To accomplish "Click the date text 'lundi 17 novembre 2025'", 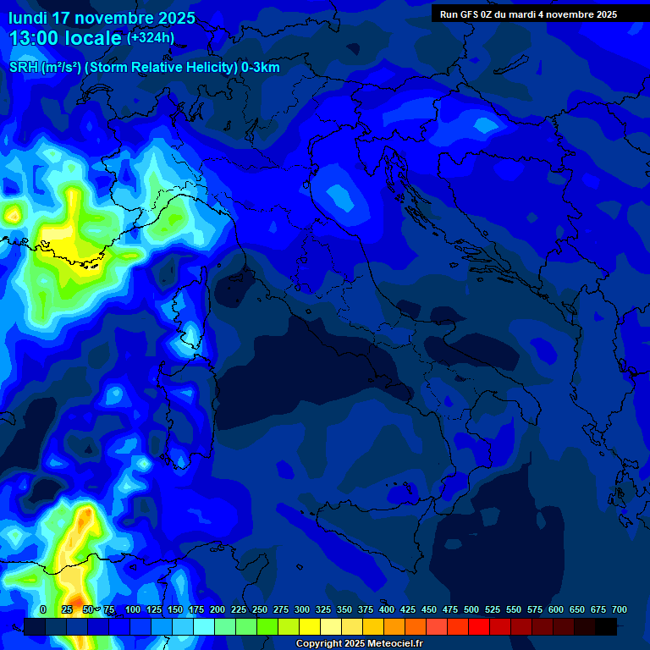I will (102, 18).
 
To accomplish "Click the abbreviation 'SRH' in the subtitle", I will (24, 68).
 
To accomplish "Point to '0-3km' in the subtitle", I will (260, 68).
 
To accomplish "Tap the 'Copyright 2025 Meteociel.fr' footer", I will (359, 644).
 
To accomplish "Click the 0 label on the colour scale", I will (43, 610).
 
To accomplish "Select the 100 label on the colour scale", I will (133, 610).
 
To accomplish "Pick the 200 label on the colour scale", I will (218, 610).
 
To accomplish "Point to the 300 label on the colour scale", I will (302, 610).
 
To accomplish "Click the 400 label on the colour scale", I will (387, 610).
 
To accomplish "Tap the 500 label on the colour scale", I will (471, 610).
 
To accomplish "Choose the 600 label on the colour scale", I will (556, 610).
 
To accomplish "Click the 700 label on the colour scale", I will (620, 610).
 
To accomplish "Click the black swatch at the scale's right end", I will (606, 627).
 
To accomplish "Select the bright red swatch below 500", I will (479, 627).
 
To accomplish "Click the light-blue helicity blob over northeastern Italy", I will (340, 196).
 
